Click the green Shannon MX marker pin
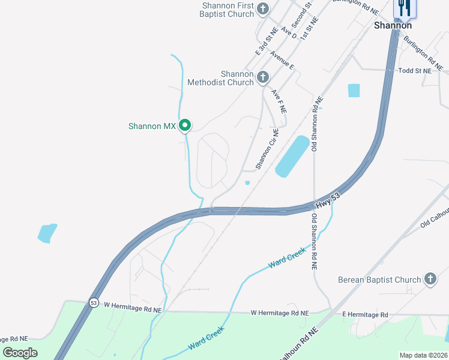pyautogui.click(x=185, y=125)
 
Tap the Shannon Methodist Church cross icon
pyautogui.click(x=262, y=77)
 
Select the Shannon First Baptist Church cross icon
pyautogui.click(x=262, y=8)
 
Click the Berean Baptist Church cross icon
pyautogui.click(x=430, y=279)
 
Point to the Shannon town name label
pyautogui.click(x=393, y=25)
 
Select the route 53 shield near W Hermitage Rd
pyautogui.click(x=94, y=303)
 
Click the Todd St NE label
pyautogui.click(x=415, y=71)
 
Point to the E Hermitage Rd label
pyautogui.click(x=365, y=314)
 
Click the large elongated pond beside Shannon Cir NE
pyautogui.click(x=292, y=156)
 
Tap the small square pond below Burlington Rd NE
pyautogui.click(x=354, y=91)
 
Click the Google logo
pyautogui.click(x=20, y=352)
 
